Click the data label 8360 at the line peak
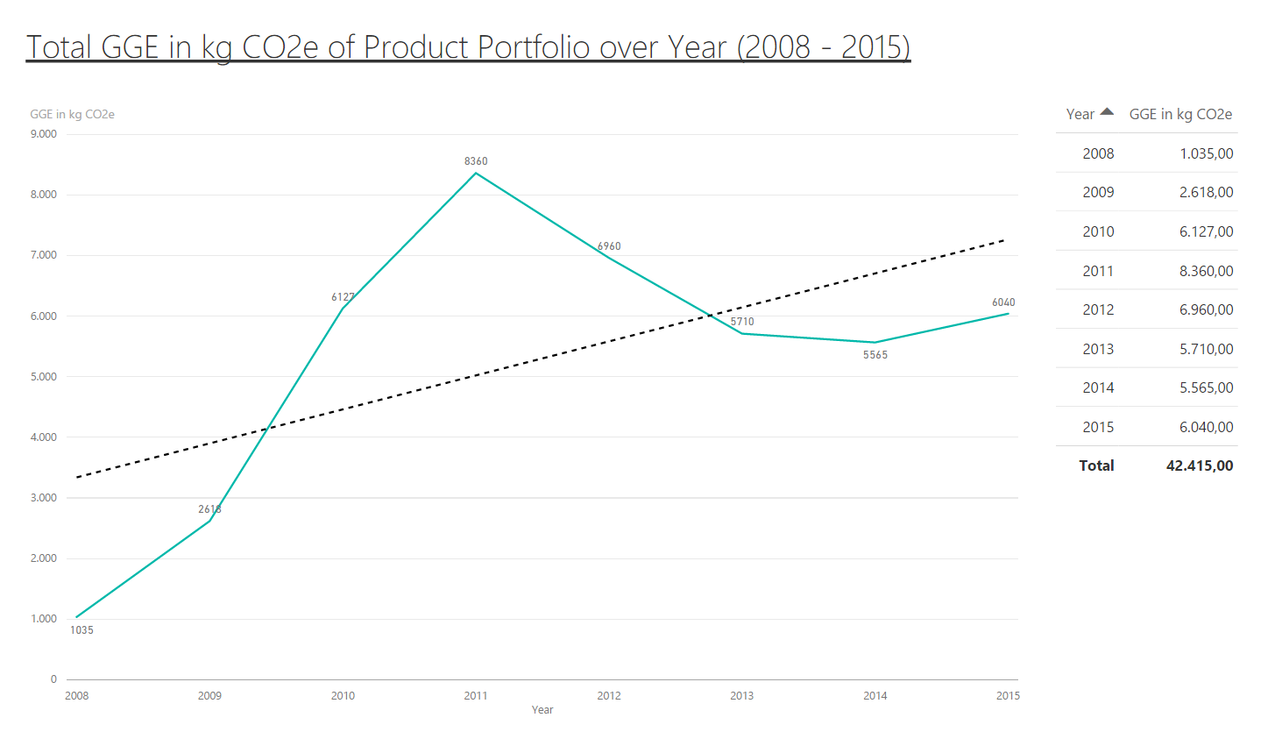(x=476, y=161)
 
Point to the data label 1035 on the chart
(x=81, y=630)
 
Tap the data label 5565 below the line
(x=875, y=355)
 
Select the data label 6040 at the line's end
(x=1003, y=302)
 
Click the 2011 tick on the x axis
(x=476, y=696)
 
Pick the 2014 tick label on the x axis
(x=875, y=696)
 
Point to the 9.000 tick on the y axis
(x=44, y=134)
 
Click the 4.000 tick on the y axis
(x=44, y=437)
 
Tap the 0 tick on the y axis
(x=53, y=679)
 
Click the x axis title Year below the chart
(x=542, y=710)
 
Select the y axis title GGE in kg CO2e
(x=72, y=115)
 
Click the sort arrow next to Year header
(x=1107, y=112)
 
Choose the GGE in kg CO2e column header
(x=1179, y=115)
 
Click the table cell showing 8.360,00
(x=1206, y=272)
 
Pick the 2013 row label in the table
(x=1098, y=350)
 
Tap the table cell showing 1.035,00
(x=1206, y=154)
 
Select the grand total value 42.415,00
(x=1199, y=466)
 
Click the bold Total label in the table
(x=1096, y=466)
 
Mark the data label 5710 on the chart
(x=742, y=322)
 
